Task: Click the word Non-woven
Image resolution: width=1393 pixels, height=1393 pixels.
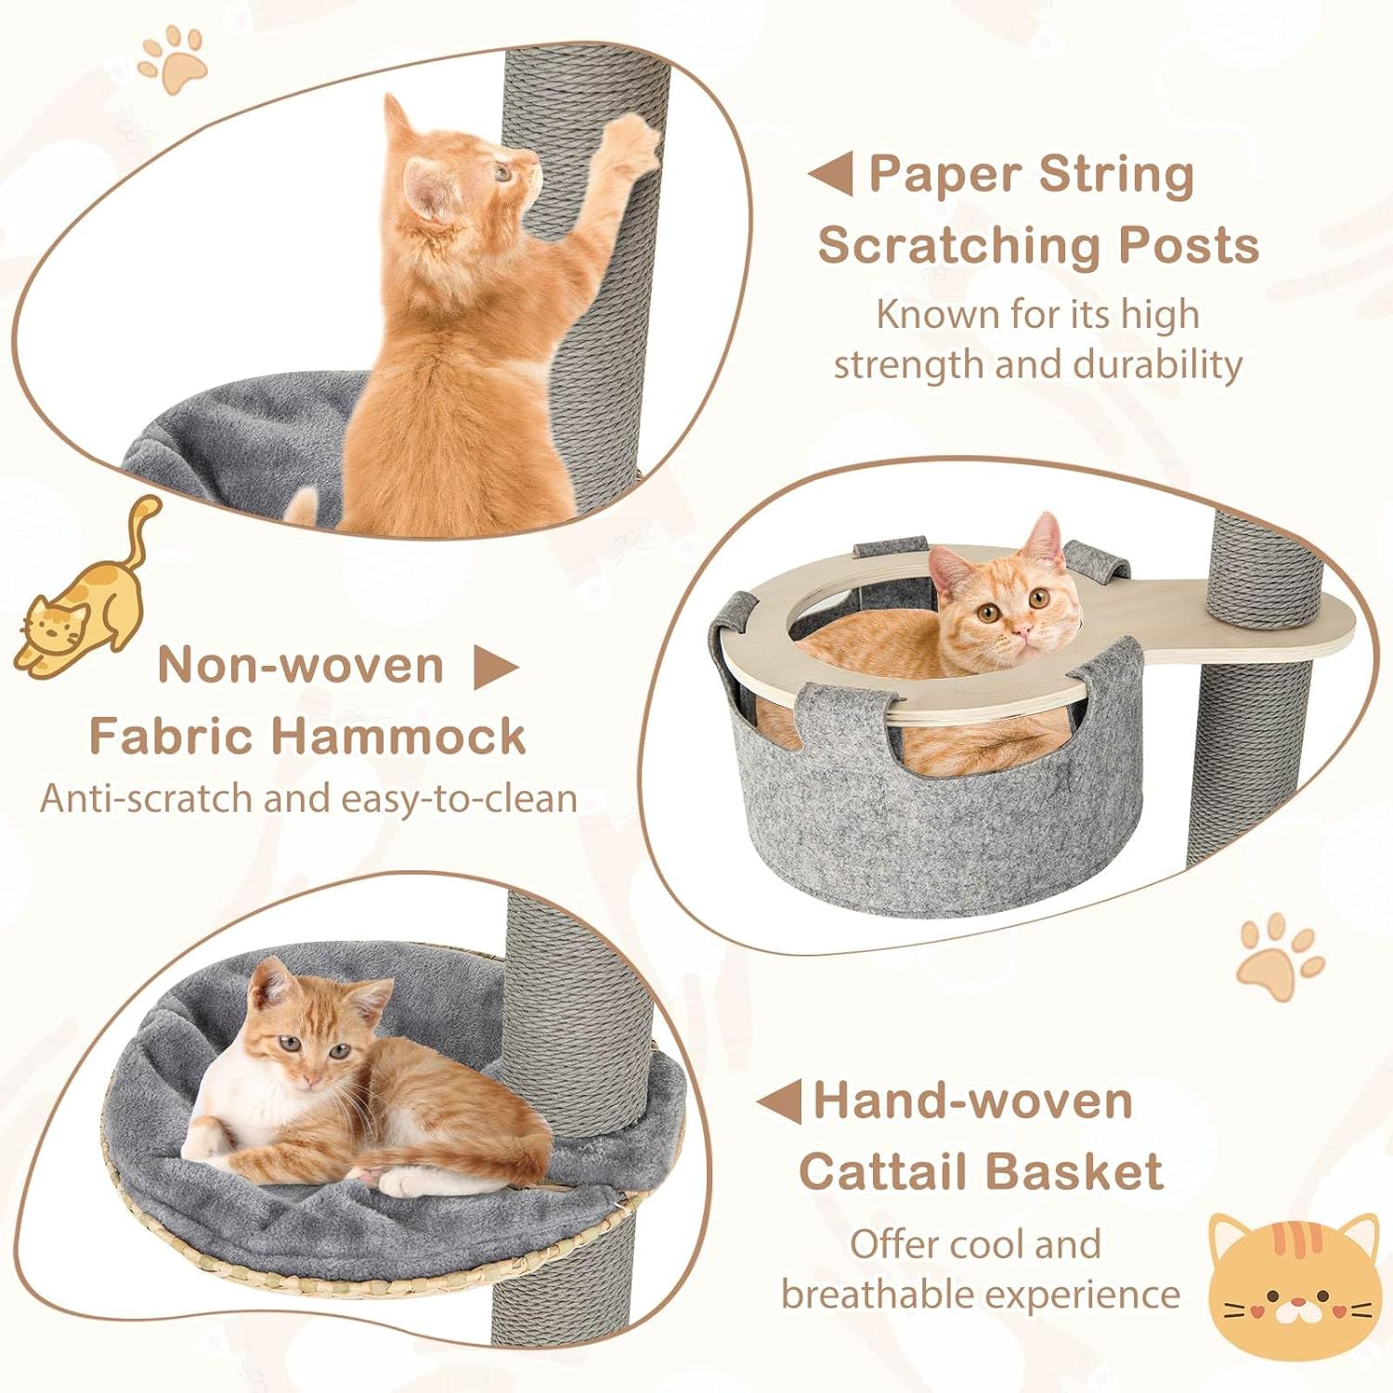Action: coord(301,665)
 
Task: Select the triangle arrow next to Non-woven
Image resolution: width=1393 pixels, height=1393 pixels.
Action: coord(494,667)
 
